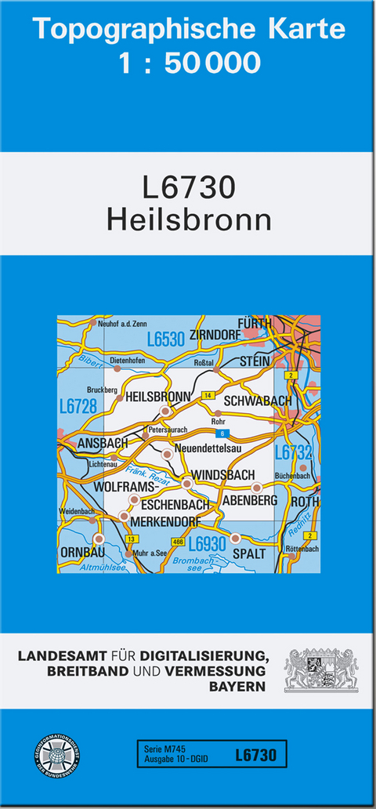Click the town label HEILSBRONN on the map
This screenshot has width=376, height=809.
point(157,397)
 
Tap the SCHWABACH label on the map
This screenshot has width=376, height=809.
point(257,401)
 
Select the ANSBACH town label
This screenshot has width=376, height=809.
point(103,444)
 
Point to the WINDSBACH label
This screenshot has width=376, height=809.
point(223,475)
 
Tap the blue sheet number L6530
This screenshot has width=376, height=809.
point(165,339)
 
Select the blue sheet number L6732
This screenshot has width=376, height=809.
point(294,452)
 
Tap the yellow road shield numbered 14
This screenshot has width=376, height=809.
point(208,395)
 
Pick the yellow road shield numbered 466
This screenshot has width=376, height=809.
point(178,542)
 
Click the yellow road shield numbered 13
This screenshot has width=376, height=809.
point(132,539)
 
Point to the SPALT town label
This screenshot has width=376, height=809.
point(250,553)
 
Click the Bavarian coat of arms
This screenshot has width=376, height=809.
point(320,669)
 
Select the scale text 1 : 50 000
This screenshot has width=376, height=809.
point(190,63)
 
